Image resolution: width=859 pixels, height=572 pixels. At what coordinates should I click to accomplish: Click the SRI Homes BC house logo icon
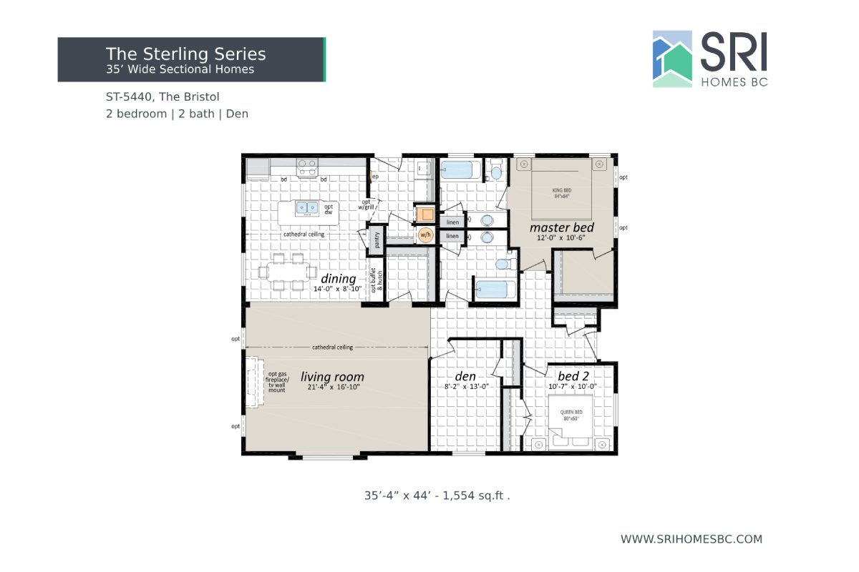[672, 59]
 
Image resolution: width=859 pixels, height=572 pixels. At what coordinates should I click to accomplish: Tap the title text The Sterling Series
[185, 54]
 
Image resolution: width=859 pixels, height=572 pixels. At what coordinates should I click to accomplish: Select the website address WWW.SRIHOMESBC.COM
[691, 539]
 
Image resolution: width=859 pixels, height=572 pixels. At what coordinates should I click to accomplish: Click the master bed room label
[561, 227]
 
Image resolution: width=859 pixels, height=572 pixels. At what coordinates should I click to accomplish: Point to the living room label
[332, 377]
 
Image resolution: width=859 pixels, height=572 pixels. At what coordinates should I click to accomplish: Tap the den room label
[466, 376]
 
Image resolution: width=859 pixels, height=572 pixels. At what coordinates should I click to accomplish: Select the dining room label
[339, 278]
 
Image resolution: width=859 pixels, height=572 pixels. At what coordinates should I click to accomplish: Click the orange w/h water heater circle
[425, 235]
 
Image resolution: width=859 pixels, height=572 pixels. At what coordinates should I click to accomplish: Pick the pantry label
[377, 240]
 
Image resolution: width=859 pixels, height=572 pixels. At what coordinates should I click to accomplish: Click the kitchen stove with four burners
[308, 167]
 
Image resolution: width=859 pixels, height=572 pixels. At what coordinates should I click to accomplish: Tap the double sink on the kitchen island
[308, 208]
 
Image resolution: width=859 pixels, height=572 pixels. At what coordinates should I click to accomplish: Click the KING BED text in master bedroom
[561, 190]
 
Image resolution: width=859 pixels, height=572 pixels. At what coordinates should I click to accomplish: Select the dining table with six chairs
[291, 271]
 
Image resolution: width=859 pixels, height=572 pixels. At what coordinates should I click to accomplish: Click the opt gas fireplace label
[278, 383]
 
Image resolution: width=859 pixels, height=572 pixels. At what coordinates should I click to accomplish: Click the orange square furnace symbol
[424, 214]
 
